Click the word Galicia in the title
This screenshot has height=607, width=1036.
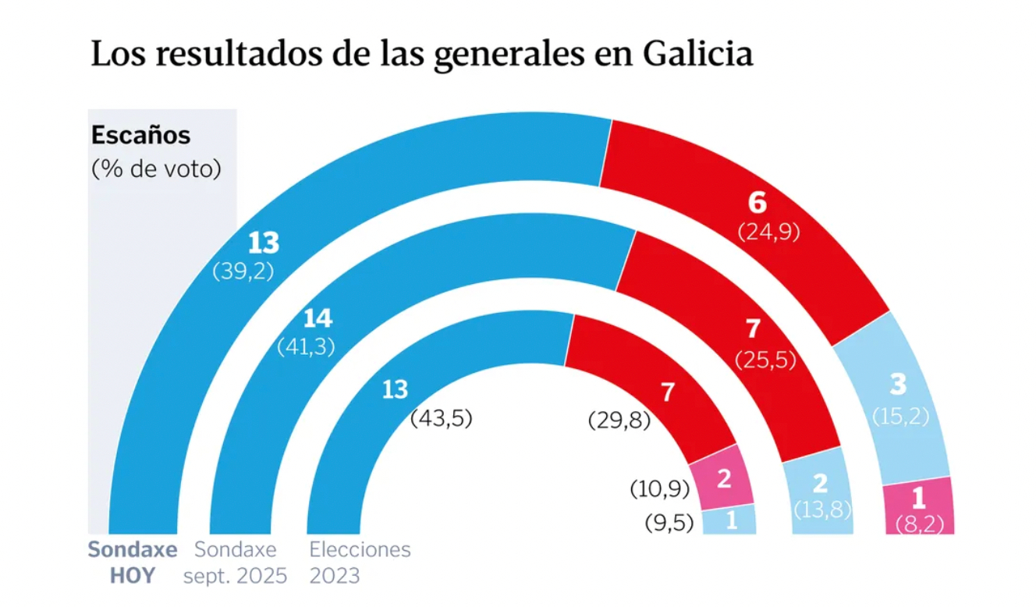coord(699,55)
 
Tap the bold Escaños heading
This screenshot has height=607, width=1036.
coord(140,136)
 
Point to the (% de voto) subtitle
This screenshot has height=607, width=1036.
coord(157,168)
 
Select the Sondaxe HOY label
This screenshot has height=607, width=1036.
coord(133,563)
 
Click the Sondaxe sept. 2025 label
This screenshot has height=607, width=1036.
coord(235,563)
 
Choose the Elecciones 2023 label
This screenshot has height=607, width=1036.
coord(360,563)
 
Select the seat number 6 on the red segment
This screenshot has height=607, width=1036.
coord(757,203)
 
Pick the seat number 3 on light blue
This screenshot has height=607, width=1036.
coord(898,385)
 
